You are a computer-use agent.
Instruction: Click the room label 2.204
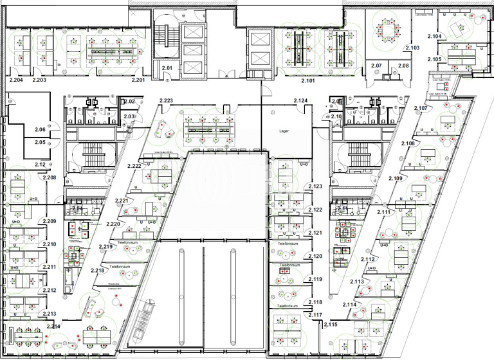click(16, 80)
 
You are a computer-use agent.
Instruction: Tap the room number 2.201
click(138, 80)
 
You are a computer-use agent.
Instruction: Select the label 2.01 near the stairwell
click(167, 67)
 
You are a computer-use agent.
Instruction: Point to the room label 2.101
click(309, 81)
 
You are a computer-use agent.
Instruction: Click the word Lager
click(284, 130)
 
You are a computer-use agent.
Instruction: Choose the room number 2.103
click(412, 48)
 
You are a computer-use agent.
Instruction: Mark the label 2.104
click(434, 37)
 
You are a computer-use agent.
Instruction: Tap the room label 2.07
click(376, 66)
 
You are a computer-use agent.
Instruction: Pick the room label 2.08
click(403, 66)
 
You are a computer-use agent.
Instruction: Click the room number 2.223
click(166, 101)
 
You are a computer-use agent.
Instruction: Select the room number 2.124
click(301, 101)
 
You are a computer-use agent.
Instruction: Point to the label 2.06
click(40, 129)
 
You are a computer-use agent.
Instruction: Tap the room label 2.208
click(50, 177)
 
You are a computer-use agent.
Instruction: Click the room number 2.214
click(53, 327)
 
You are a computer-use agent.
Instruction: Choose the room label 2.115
click(330, 325)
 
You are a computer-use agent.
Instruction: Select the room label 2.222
click(134, 166)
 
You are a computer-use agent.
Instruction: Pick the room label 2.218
click(98, 270)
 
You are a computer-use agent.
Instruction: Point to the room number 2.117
click(315, 314)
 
